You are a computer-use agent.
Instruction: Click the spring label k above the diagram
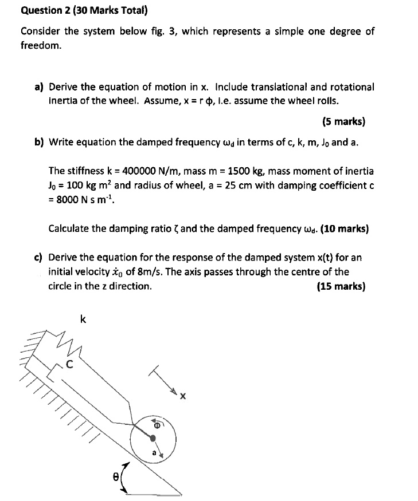click(x=83, y=320)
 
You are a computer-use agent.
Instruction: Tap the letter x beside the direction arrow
click(x=183, y=396)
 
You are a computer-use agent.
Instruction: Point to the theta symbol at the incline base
click(x=115, y=475)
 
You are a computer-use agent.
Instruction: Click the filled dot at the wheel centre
click(x=153, y=438)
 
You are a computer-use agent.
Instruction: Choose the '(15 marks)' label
click(x=341, y=287)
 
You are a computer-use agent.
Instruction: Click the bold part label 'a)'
click(x=39, y=87)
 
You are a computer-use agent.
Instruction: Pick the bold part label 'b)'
click(x=39, y=142)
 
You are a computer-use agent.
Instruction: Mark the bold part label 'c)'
click(x=39, y=257)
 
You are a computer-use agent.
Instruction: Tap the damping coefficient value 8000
click(x=69, y=200)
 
